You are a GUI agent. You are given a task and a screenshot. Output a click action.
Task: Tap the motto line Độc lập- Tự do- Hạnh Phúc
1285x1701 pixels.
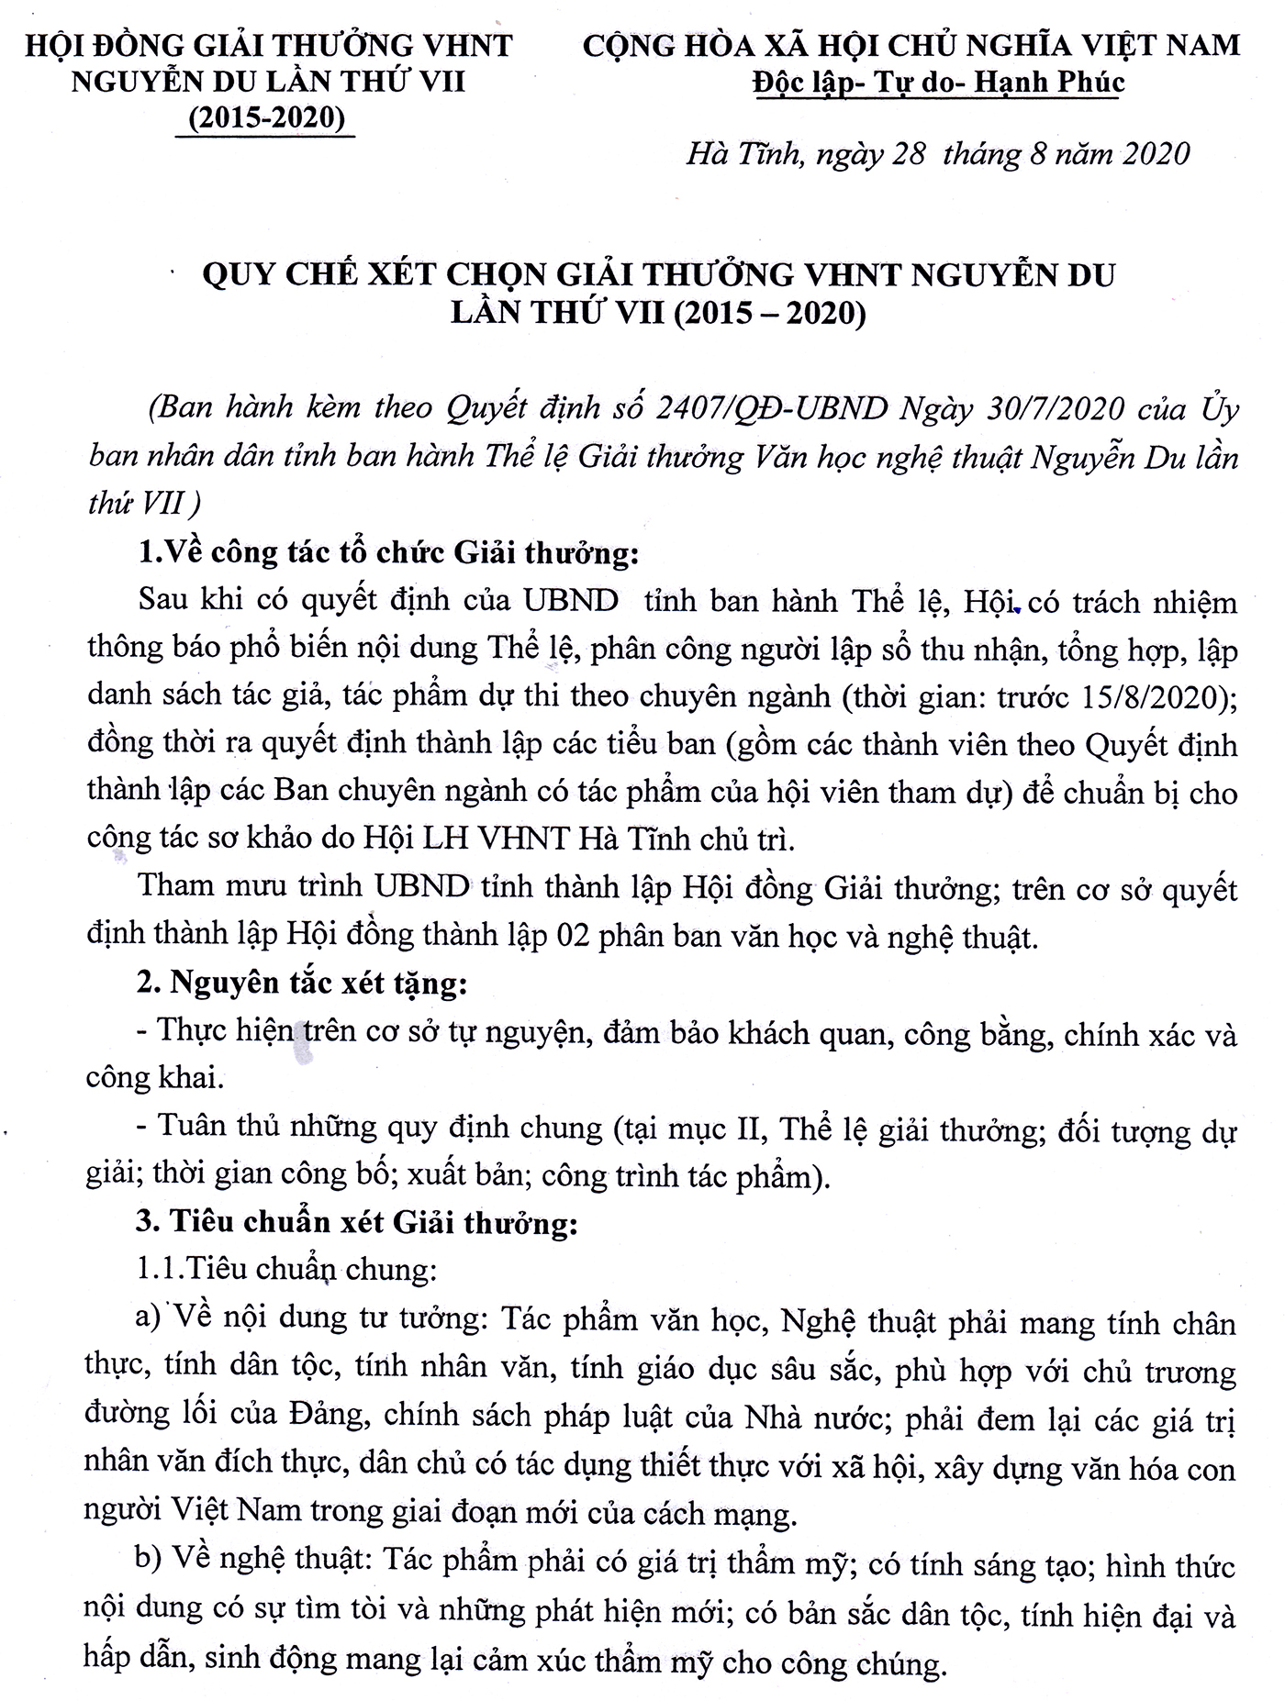(x=937, y=83)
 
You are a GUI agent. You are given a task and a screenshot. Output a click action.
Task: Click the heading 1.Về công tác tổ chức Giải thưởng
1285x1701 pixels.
(x=386, y=553)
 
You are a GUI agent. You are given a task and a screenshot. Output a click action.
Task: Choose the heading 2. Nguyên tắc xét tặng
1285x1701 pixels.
(x=302, y=984)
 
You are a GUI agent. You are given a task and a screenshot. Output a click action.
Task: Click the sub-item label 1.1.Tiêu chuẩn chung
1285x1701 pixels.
(x=285, y=1270)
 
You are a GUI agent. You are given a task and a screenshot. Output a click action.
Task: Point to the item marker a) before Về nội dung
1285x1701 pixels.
(x=148, y=1318)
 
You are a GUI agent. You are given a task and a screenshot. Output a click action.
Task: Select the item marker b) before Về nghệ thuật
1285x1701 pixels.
(x=149, y=1560)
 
